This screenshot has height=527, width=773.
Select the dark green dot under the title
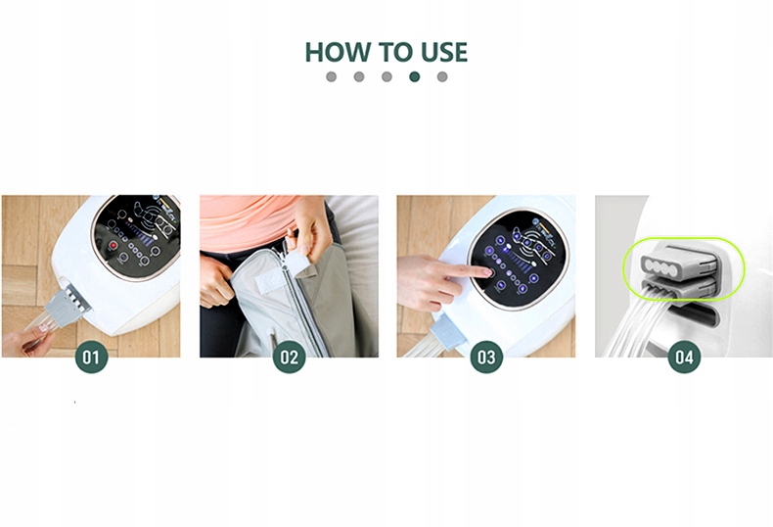[x=415, y=76]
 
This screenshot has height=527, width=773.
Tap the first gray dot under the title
[x=332, y=76]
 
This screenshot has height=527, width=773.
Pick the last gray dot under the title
[x=442, y=76]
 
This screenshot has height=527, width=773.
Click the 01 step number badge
[x=91, y=357]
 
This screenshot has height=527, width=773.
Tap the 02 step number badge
[x=289, y=357]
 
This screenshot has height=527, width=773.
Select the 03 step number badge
[x=486, y=357]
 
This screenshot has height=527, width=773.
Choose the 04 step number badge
[x=684, y=357]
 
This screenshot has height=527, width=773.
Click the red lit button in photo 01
[x=114, y=245]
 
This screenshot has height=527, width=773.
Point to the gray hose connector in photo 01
[x=67, y=307]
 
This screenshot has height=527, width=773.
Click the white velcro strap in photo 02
[x=270, y=288]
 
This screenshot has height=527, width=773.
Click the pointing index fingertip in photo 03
[x=488, y=271]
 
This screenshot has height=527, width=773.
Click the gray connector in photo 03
[x=447, y=332]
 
